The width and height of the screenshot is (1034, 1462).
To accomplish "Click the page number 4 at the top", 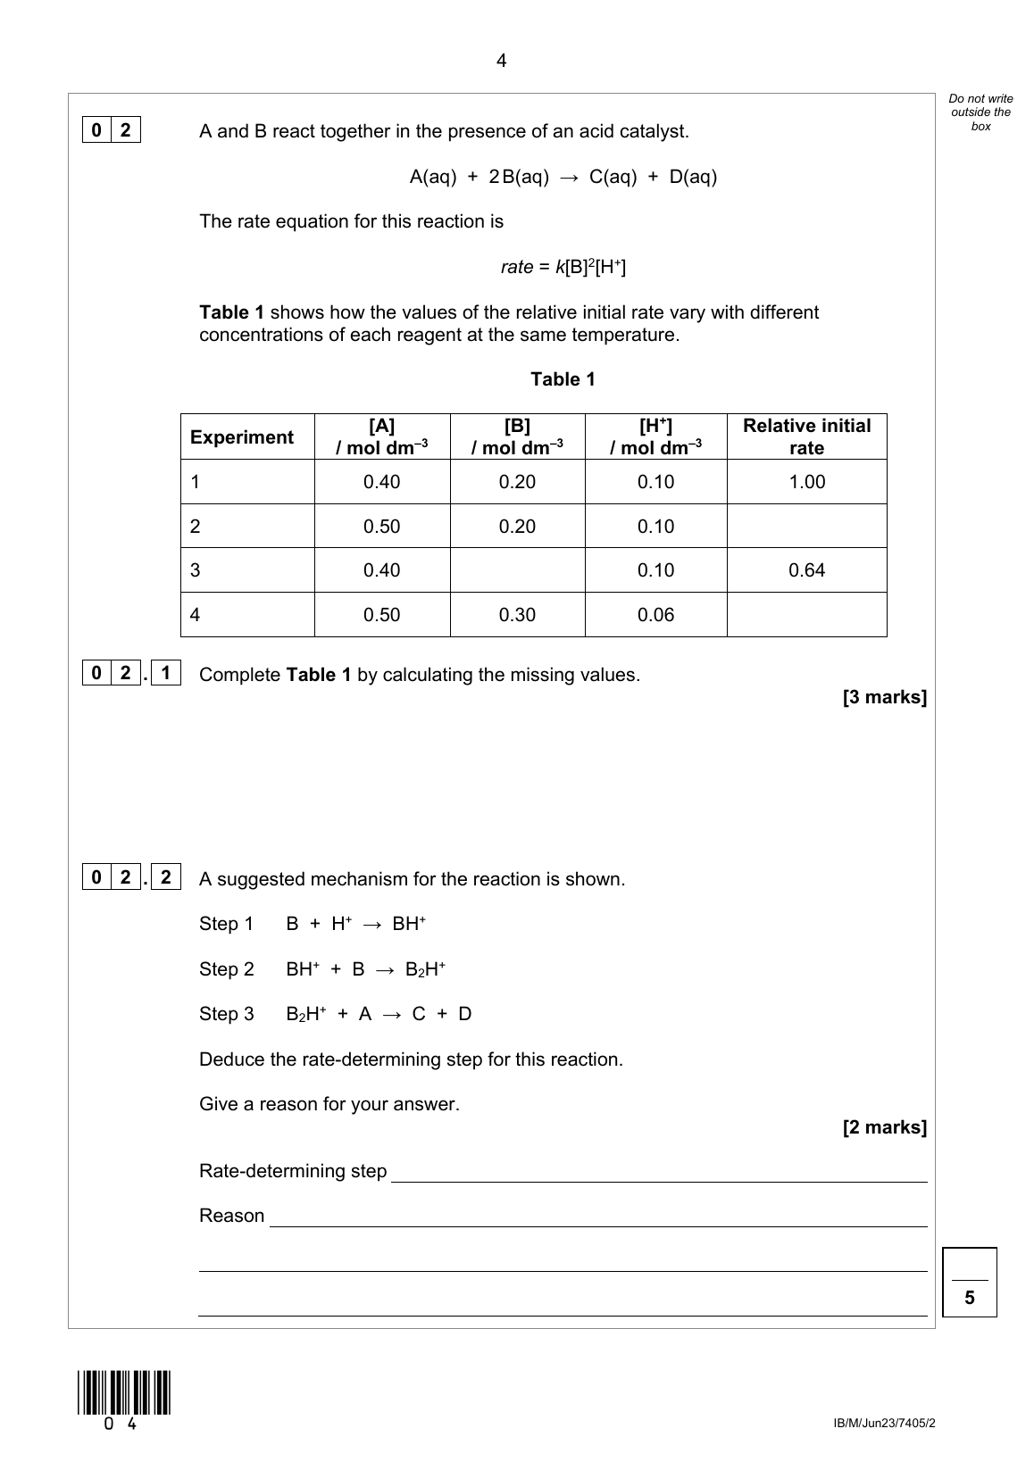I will [x=501, y=61].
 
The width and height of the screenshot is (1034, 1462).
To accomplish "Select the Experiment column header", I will [x=241, y=437].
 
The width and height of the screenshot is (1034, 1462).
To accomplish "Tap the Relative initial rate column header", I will [x=806, y=436].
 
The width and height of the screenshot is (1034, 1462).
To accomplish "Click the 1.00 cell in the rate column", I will [x=806, y=482].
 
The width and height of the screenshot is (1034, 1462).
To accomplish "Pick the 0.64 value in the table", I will [x=806, y=570].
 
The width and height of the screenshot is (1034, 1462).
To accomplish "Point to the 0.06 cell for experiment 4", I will [x=655, y=615].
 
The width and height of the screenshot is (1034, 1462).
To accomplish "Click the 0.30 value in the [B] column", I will [x=517, y=615].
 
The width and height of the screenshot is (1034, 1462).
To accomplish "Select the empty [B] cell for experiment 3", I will [x=517, y=570].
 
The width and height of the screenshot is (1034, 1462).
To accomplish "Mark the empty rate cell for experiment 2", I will [x=806, y=526].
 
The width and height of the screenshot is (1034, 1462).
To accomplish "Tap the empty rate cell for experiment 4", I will [x=806, y=615].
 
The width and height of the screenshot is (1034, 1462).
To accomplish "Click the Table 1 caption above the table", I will [x=563, y=379].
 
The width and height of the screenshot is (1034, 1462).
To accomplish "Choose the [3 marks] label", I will [x=884, y=697].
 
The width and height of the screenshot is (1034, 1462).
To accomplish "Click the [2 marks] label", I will [x=884, y=1127].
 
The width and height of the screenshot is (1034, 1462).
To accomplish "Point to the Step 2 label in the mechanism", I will [x=227, y=969].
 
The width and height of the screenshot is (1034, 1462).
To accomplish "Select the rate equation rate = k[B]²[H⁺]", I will [x=563, y=267].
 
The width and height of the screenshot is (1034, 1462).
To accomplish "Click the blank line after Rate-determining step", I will [x=659, y=1173].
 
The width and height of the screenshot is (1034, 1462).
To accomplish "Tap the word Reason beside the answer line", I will [x=232, y=1216].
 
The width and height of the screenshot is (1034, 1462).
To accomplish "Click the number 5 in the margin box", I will [x=970, y=1299].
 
